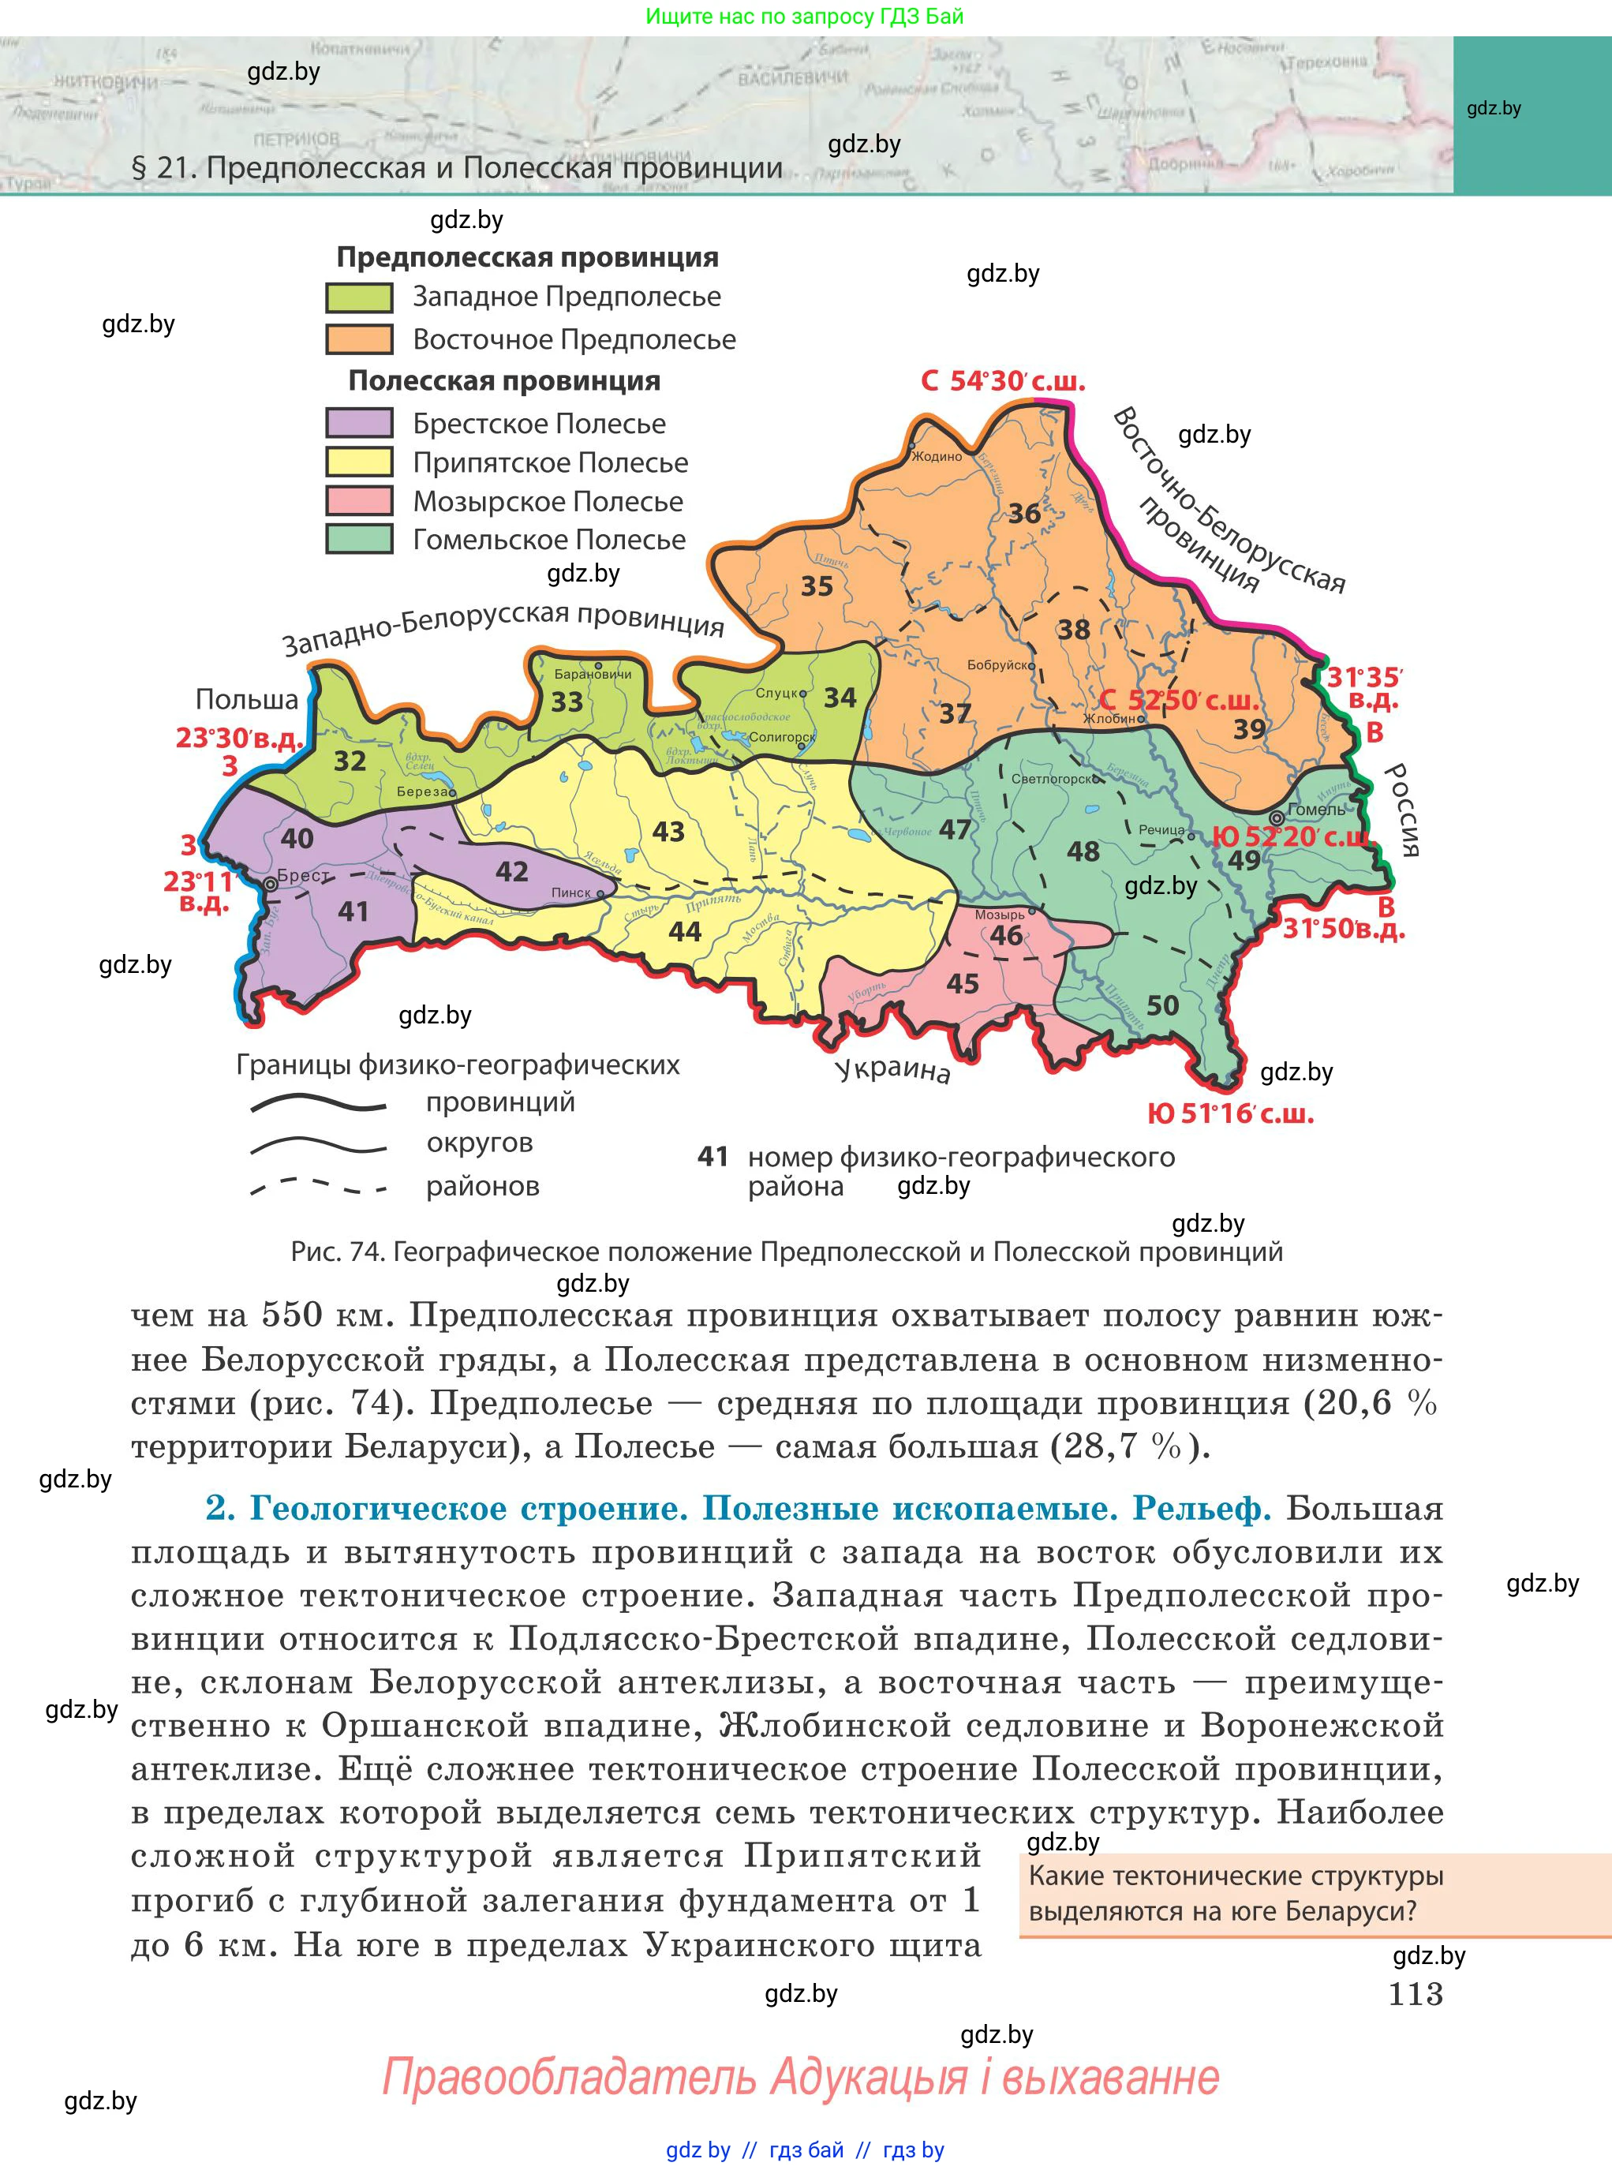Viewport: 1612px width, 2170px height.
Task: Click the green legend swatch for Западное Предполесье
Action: [x=359, y=297]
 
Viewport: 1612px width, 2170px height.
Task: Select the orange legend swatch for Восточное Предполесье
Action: [x=359, y=339]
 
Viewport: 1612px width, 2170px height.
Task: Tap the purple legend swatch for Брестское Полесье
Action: [x=359, y=424]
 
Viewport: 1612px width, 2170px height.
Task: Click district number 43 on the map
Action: [x=668, y=832]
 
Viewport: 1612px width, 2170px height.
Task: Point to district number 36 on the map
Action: [x=1023, y=513]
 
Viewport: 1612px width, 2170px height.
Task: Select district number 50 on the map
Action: [x=1162, y=1006]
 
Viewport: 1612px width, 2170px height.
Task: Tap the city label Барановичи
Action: [x=593, y=674]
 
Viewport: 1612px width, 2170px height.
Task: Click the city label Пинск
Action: [x=572, y=892]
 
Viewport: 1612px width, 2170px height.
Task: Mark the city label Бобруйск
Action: [x=998, y=665]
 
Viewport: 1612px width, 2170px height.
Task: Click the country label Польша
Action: [x=247, y=700]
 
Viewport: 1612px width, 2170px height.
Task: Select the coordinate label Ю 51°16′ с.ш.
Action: [x=1230, y=1114]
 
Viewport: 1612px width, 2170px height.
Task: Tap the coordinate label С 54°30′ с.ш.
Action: [x=1003, y=381]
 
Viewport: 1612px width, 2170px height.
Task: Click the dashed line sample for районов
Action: [x=318, y=1187]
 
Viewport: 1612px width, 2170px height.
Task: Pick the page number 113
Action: [x=1415, y=1993]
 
